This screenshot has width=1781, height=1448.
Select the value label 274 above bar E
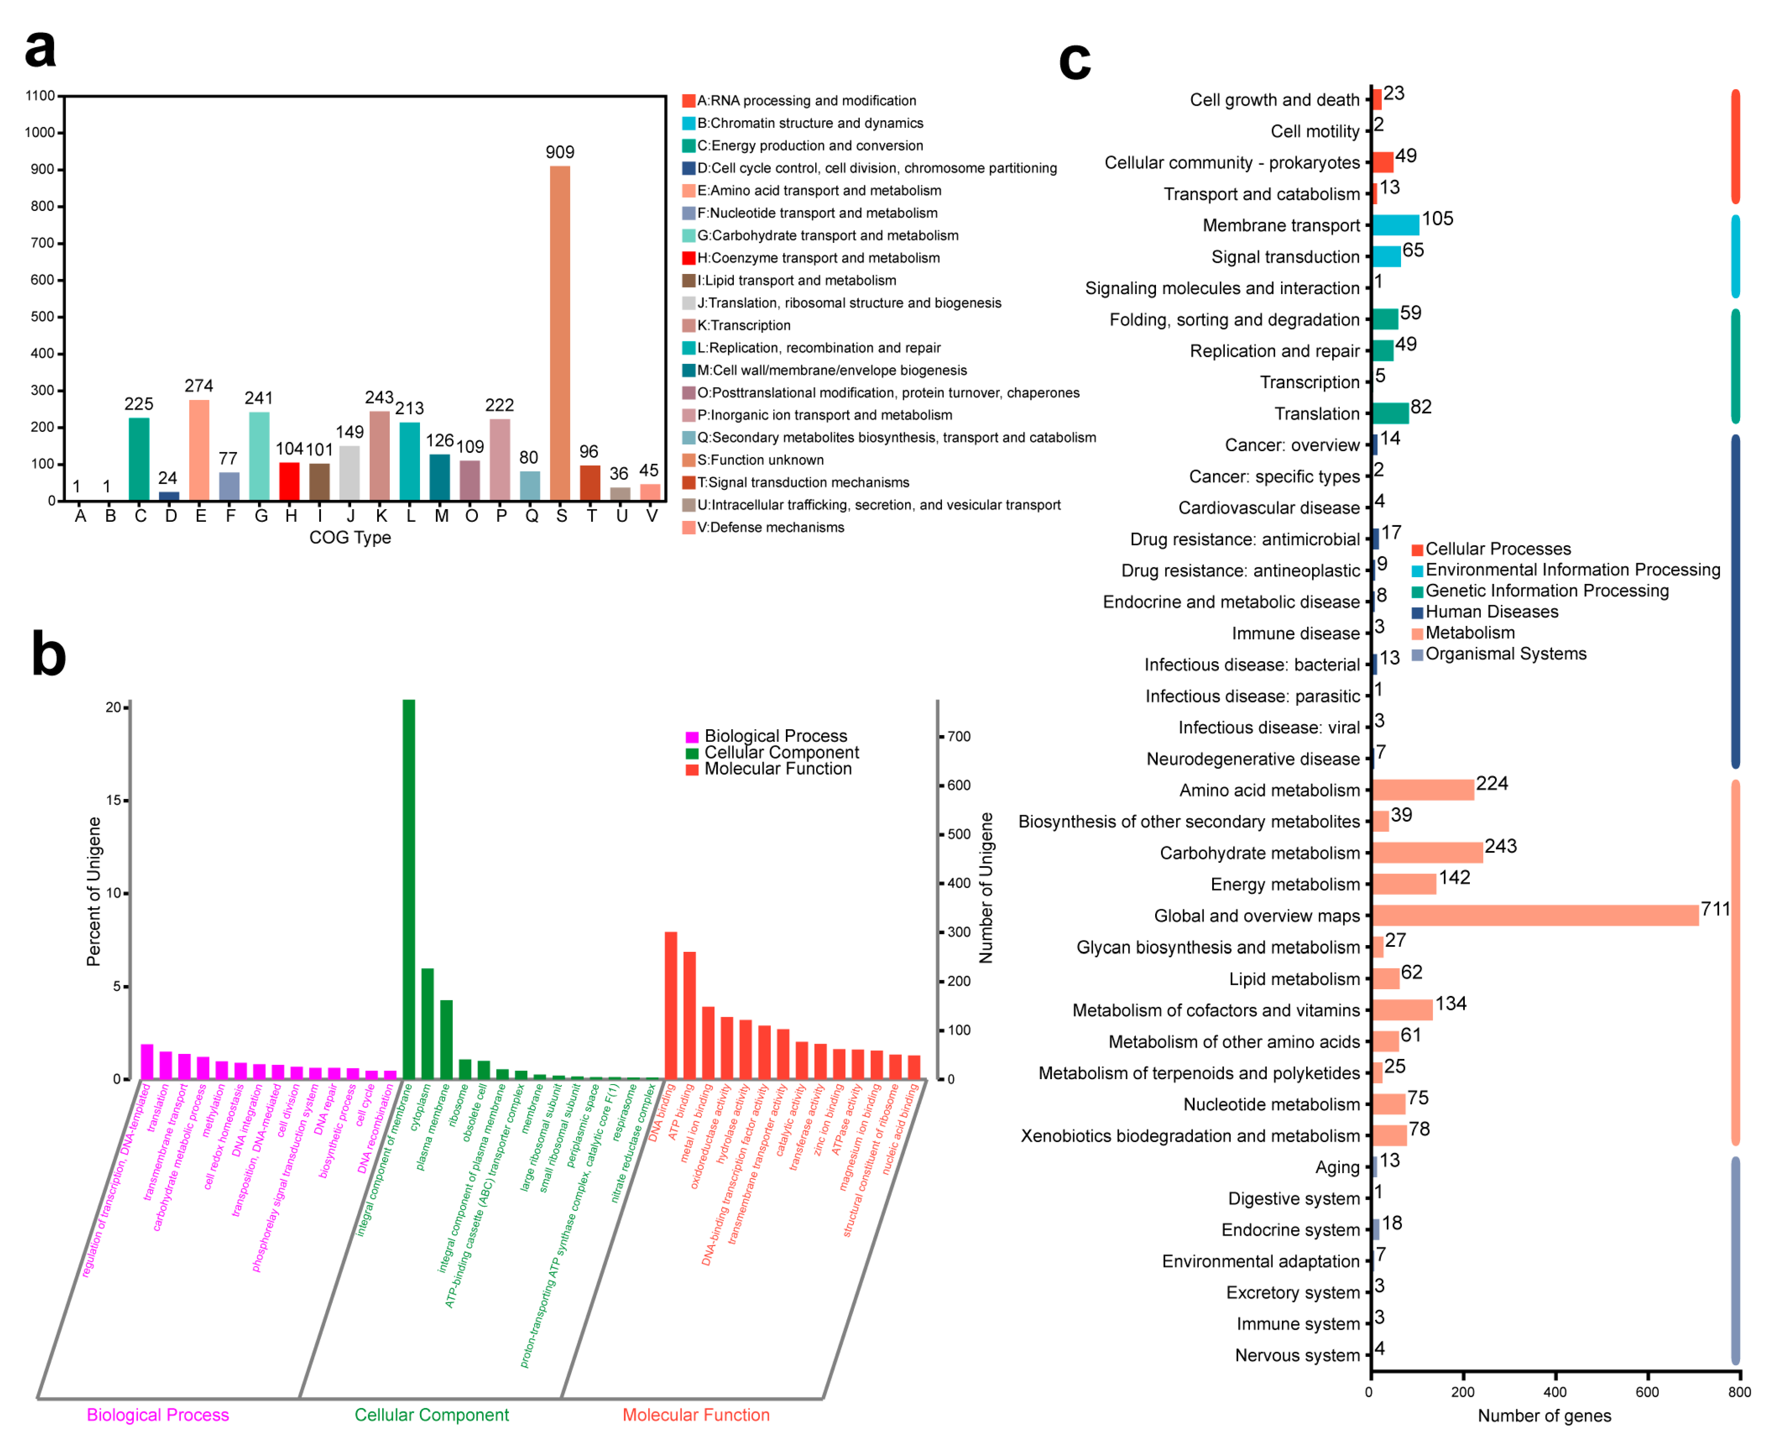coord(198,386)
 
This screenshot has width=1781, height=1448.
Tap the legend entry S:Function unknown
coord(759,460)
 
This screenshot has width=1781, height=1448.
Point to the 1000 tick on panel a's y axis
coord(40,133)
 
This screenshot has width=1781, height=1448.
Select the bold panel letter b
coord(49,655)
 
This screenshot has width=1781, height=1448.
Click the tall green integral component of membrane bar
coord(409,888)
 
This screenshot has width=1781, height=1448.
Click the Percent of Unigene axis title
coord(94,891)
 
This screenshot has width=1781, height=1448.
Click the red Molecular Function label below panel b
coord(696,1415)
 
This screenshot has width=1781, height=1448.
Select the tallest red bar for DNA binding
coord(670,1005)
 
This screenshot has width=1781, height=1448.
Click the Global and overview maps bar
coord(1534,915)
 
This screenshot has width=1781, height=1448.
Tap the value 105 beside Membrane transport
coord(1437,219)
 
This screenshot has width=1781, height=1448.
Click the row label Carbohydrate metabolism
coord(1259,852)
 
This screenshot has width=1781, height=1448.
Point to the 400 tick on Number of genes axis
coord(1554,1391)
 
